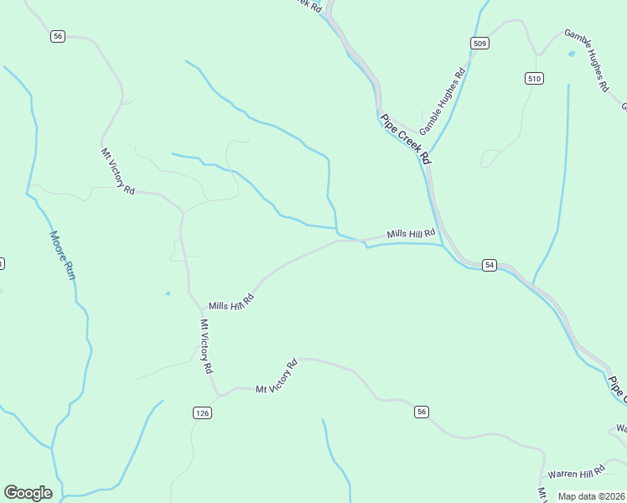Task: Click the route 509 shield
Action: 479,44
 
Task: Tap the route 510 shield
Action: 535,78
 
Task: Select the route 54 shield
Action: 490,265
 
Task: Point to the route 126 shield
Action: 202,412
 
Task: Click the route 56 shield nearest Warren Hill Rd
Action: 421,411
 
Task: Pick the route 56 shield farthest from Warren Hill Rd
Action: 57,35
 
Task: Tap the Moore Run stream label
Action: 63,255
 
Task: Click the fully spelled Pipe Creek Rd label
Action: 406,138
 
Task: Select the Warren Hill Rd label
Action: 576,471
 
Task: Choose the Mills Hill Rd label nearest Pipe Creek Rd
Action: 411,234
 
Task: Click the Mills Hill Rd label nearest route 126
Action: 231,301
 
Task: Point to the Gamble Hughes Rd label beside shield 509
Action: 443,102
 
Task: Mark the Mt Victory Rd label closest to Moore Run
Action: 118,171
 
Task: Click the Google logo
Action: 28,493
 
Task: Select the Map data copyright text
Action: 591,496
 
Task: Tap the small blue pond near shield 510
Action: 572,54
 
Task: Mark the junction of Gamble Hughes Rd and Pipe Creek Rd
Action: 430,163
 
